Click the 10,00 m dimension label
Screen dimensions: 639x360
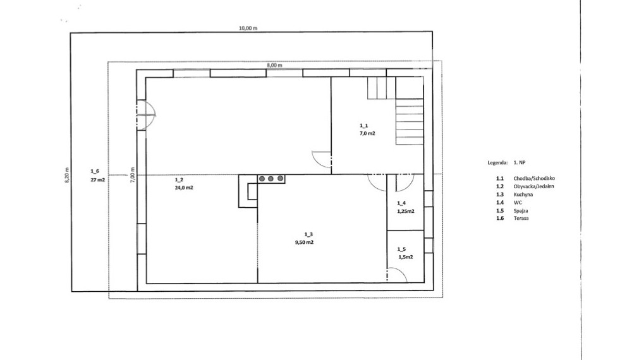pos(248,28)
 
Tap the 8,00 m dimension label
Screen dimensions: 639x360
pos(274,65)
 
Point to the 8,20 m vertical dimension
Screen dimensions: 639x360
pos(67,175)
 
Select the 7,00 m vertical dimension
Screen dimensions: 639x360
pos(132,175)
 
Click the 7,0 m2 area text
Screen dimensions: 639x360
pos(367,133)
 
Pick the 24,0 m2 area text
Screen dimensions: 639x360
pos(184,188)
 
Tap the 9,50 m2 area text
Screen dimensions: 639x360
pos(305,243)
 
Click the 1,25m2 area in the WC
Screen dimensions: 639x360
pos(406,212)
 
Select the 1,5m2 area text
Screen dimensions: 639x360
pos(406,258)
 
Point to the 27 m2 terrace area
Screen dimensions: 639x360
pos(98,179)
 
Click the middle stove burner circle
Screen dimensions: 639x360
pos(271,179)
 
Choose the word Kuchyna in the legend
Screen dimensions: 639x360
pos(523,195)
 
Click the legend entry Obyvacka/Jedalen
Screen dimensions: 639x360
pos(533,186)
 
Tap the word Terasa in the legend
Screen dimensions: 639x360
pos(521,219)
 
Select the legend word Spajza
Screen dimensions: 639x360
pos(520,211)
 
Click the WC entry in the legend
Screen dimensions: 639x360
pos(518,202)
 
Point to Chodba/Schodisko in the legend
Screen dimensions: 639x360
pos(534,178)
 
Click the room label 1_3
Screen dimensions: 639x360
pos(308,234)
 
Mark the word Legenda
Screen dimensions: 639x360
pos(497,162)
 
